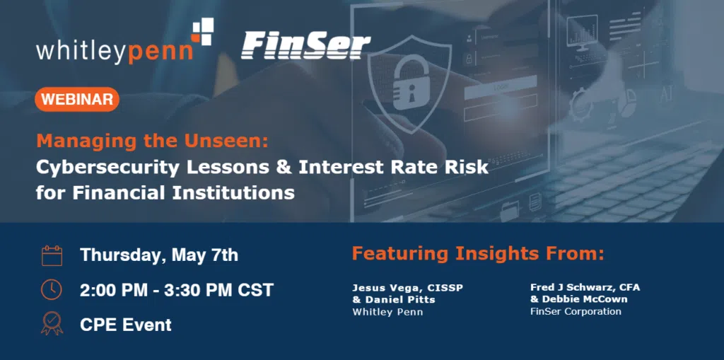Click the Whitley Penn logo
(124, 42)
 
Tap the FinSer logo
(305, 45)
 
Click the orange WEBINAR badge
(77, 99)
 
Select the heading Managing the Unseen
(152, 141)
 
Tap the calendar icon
(52, 255)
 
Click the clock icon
(52, 290)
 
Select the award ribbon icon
(52, 323)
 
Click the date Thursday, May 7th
(159, 255)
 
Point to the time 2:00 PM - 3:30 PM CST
(177, 290)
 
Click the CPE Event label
(126, 325)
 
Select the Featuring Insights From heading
(478, 254)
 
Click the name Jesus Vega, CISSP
(407, 288)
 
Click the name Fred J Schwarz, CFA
(585, 287)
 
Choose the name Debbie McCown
(583, 299)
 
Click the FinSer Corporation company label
(576, 311)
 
